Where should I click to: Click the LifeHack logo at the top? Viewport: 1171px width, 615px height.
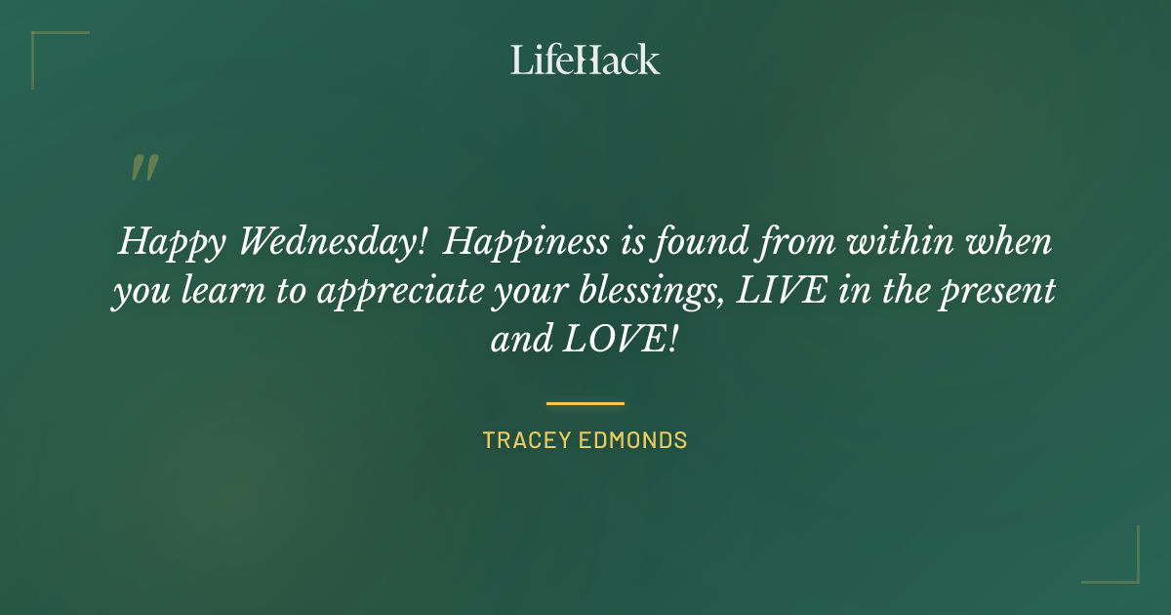point(585,60)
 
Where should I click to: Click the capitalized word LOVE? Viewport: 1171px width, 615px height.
point(621,342)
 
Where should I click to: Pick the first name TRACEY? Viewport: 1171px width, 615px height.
point(524,440)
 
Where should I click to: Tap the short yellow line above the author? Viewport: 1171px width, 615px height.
point(585,402)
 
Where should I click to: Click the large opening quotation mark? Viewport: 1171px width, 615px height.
point(143,169)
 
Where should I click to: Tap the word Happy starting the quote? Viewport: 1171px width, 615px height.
point(166,241)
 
